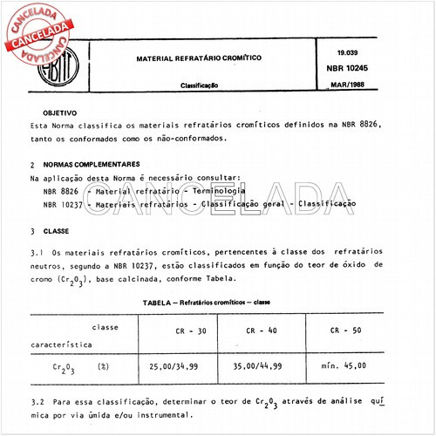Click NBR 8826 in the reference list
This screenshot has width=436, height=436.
(60, 189)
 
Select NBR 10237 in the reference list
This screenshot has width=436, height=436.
(63, 202)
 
